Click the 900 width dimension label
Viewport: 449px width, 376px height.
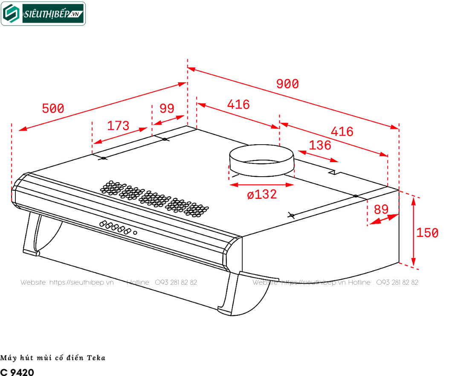point(287,84)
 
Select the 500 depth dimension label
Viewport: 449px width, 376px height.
point(53,108)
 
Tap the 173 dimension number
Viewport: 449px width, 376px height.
point(118,126)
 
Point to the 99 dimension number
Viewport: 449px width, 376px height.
point(167,108)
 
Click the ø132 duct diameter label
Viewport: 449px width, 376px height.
point(262,194)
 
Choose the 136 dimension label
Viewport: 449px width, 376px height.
point(320,145)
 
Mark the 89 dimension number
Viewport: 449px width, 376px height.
point(381,210)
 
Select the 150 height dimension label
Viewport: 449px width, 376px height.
point(427,233)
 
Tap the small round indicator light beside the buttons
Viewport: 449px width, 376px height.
point(135,233)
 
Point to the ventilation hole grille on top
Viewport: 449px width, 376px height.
point(154,198)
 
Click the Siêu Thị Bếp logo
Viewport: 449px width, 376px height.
point(43,14)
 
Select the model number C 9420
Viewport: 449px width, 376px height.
point(17,372)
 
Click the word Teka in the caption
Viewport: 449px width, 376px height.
point(96,358)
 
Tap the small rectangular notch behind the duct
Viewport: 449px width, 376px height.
point(334,172)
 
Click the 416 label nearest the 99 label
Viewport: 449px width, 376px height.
point(238,104)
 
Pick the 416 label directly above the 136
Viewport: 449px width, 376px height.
point(342,131)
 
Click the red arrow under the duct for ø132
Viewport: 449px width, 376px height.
point(262,185)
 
